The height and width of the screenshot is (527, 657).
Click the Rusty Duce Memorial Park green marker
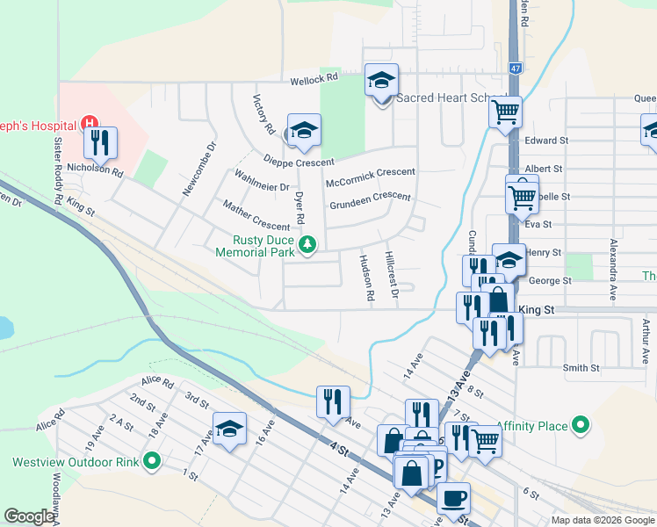[x=307, y=243]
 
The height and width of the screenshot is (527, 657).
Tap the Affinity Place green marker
[x=581, y=426]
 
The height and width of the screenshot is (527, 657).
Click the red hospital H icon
[x=88, y=124]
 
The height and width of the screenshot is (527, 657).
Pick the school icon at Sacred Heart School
[x=382, y=82]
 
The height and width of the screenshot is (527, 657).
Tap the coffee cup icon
[x=453, y=498]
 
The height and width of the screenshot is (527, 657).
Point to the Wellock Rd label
[x=315, y=78]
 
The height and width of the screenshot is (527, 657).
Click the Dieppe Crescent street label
[x=299, y=161]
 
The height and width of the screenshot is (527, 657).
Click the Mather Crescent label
[x=256, y=215]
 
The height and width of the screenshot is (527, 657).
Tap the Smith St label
[x=581, y=368]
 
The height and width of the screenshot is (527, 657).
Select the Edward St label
[x=547, y=140]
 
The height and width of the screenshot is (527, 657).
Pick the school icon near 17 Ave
[x=230, y=429]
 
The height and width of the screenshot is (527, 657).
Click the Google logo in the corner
[x=29, y=516]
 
